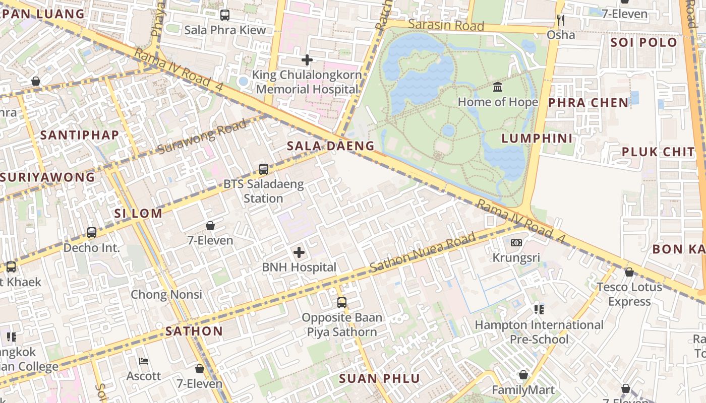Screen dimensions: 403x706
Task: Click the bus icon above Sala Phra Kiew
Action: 225,15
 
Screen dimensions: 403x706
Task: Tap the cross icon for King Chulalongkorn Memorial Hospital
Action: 307,60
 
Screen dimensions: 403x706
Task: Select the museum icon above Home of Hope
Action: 498,87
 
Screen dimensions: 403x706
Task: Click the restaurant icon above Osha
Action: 560,20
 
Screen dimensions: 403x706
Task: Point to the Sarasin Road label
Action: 446,25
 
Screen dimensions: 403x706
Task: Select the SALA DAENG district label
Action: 330,146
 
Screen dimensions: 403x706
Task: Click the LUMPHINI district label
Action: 537,139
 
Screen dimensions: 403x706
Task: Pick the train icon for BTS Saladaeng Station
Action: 263,169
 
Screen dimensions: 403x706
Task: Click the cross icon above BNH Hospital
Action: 299,252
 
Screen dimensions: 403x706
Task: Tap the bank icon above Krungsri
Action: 516,243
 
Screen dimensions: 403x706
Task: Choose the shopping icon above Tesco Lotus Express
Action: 629,272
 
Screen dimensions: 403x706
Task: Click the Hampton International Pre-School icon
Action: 539,309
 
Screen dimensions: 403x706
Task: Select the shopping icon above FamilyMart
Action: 523,375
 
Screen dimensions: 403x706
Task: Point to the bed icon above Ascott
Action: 144,361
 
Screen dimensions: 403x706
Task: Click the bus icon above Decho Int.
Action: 92,233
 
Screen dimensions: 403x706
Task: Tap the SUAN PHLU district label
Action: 379,379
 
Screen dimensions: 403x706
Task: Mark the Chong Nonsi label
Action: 166,295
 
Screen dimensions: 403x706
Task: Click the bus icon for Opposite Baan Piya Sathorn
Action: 342,303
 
